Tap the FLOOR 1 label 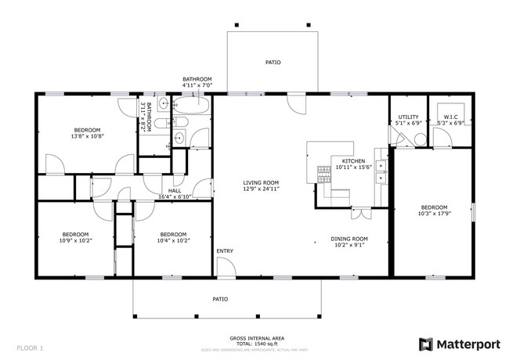tap(30, 347)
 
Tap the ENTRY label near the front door tap(226, 251)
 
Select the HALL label tap(175, 190)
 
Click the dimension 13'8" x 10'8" tap(88, 136)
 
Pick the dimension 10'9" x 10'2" tap(75, 240)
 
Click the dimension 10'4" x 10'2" tap(173, 240)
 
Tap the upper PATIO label tap(273, 63)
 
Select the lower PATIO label tap(222, 299)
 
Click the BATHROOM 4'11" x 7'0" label tap(197, 81)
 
